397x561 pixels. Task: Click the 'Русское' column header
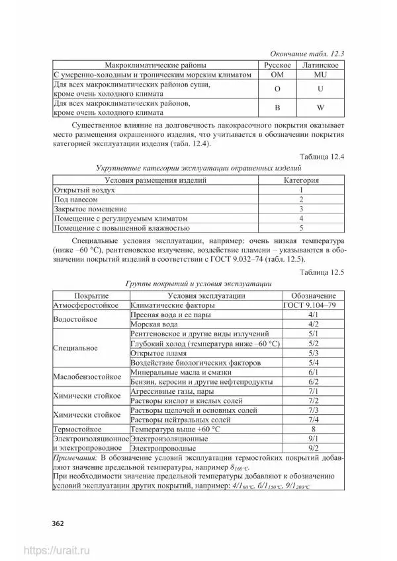tap(278, 65)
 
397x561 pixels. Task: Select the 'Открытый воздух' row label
tap(85, 190)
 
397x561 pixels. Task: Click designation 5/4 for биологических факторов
tap(314, 363)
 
